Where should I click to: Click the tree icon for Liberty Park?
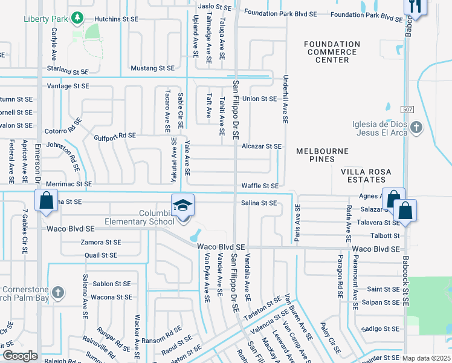click(77, 18)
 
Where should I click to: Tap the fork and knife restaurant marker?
click(415, 5)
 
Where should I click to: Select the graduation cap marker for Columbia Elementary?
click(183, 204)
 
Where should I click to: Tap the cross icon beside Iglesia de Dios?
click(415, 127)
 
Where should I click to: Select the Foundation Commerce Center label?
click(332, 52)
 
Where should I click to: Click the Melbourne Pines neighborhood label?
click(323, 155)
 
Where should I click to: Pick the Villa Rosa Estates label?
click(363, 175)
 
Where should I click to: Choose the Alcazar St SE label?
click(262, 146)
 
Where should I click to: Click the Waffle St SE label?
click(260, 186)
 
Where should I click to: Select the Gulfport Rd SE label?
click(115, 136)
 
